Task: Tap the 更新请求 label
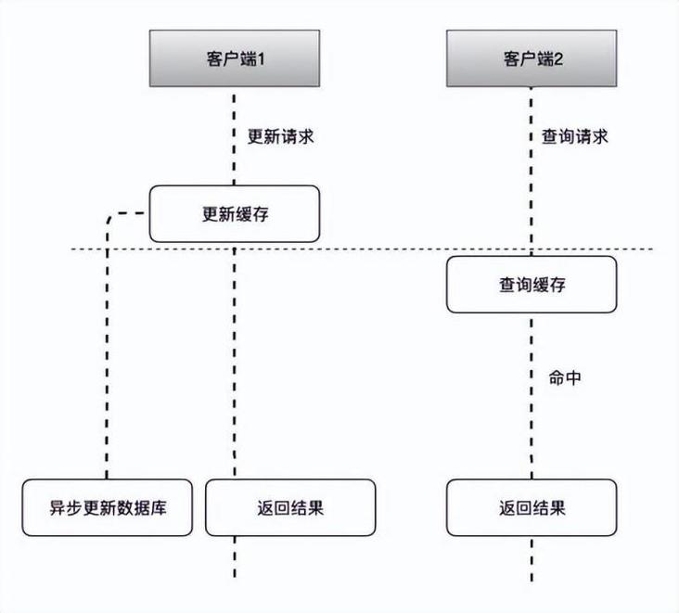[x=280, y=136]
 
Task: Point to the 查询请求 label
[x=574, y=136]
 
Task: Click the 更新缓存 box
[x=235, y=213]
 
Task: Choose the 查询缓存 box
[x=532, y=285]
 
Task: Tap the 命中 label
[x=565, y=378]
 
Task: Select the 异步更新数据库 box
[x=107, y=507]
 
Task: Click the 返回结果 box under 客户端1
[x=290, y=507]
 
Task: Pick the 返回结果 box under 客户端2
[x=532, y=507]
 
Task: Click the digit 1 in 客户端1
[x=263, y=57]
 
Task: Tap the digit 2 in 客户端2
[x=559, y=57]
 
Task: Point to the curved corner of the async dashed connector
[x=111, y=219]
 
